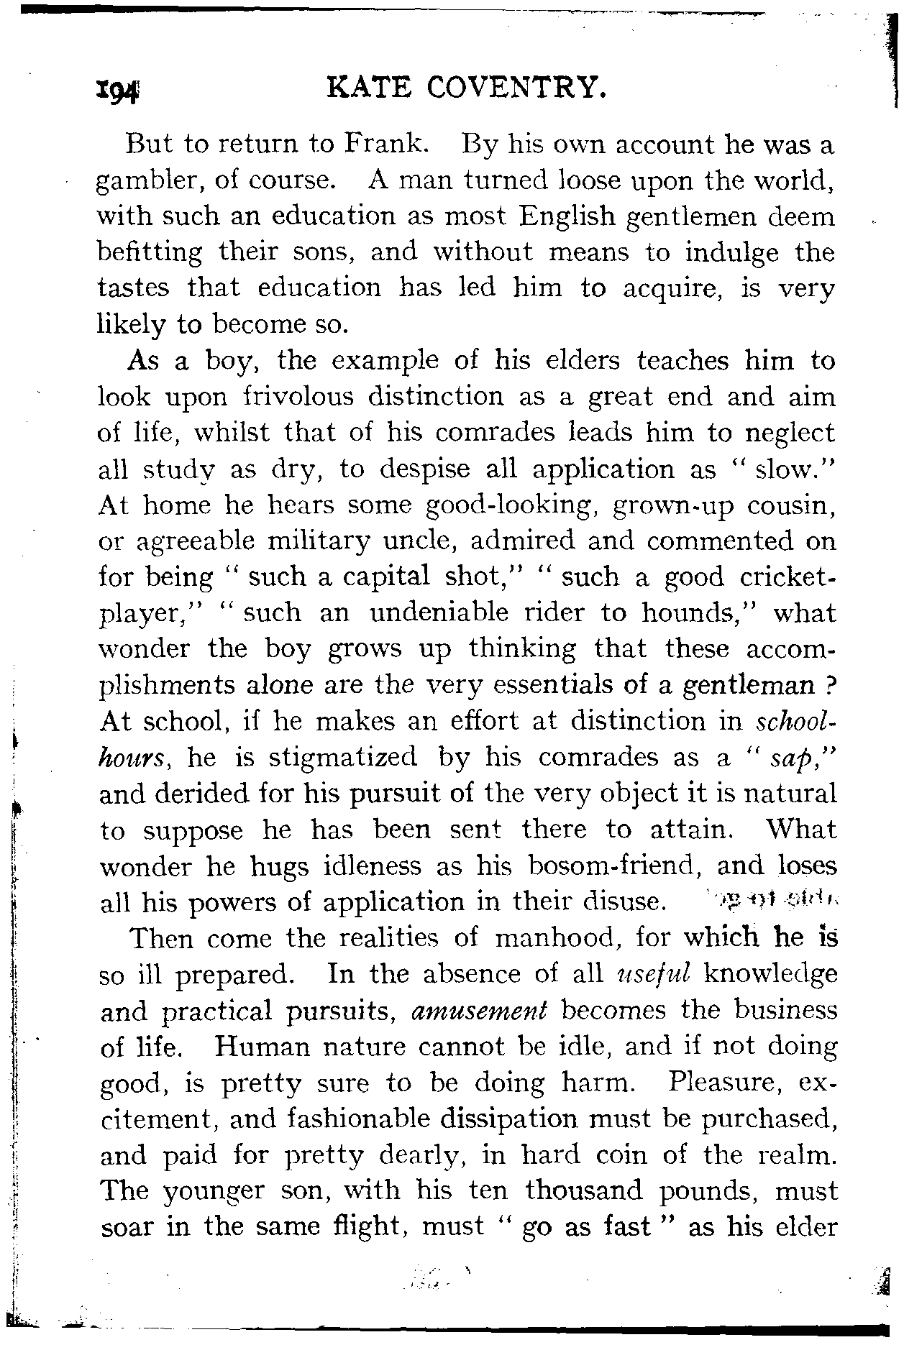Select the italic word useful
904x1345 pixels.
pyautogui.click(x=654, y=974)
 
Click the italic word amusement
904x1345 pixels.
pyautogui.click(x=479, y=1011)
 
